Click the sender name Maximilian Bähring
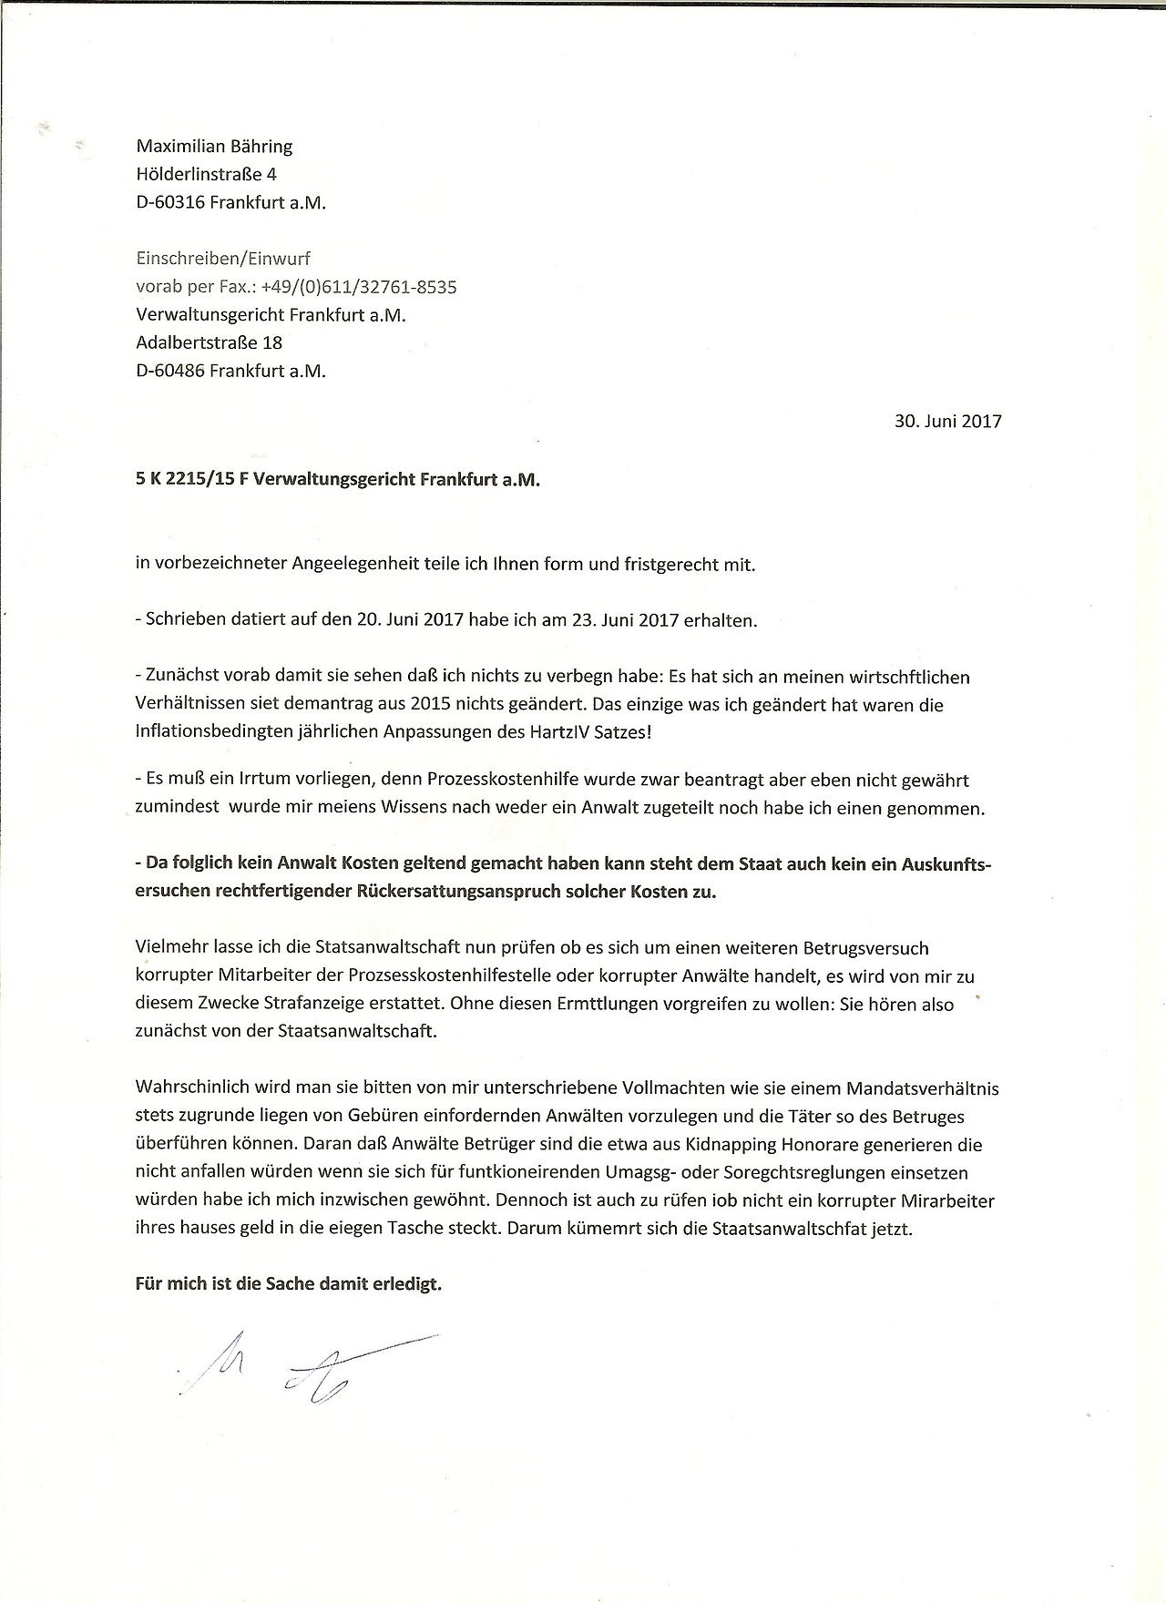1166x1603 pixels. pos(214,146)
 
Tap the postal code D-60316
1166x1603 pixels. pos(169,202)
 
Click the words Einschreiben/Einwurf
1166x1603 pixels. pos(223,259)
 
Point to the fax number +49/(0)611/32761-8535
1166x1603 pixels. pos(358,287)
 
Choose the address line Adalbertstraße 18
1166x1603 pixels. pos(209,342)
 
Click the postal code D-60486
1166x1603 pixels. pos(169,371)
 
